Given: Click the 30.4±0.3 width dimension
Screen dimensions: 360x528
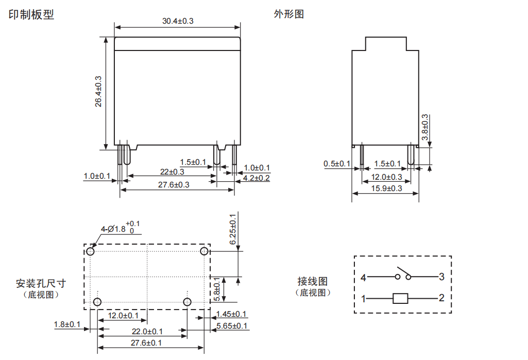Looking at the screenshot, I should coord(178,21).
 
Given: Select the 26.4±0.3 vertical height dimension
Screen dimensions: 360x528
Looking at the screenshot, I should coord(98,92).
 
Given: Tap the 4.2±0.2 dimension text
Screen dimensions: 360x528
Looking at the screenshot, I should coord(256,178).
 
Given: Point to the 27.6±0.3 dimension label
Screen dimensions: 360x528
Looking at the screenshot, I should coord(173,185).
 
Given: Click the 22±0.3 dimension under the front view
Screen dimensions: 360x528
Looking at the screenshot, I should coord(172,172).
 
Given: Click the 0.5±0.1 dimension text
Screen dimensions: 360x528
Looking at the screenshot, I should coord(337,164).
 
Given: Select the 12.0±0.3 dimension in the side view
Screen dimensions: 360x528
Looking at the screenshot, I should coord(387,177).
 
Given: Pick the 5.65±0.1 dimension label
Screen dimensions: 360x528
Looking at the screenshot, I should coord(232,326).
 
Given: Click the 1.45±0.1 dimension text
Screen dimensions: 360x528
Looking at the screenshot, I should coord(231,314).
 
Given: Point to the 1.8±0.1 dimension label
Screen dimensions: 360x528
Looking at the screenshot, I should coord(67,324).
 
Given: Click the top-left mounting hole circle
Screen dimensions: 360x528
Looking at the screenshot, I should coord(91,251).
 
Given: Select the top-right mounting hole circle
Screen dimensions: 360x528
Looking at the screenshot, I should coord(205,251).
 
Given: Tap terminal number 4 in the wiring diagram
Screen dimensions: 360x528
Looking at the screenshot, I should coord(363,277).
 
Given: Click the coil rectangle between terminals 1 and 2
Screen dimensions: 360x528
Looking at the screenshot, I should coord(400,298).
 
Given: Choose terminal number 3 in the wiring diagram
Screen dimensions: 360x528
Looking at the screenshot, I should coord(441,277).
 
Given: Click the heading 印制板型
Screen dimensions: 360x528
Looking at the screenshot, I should coord(31,15).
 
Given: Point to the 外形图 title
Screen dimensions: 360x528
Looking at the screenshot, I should coord(288,14).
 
